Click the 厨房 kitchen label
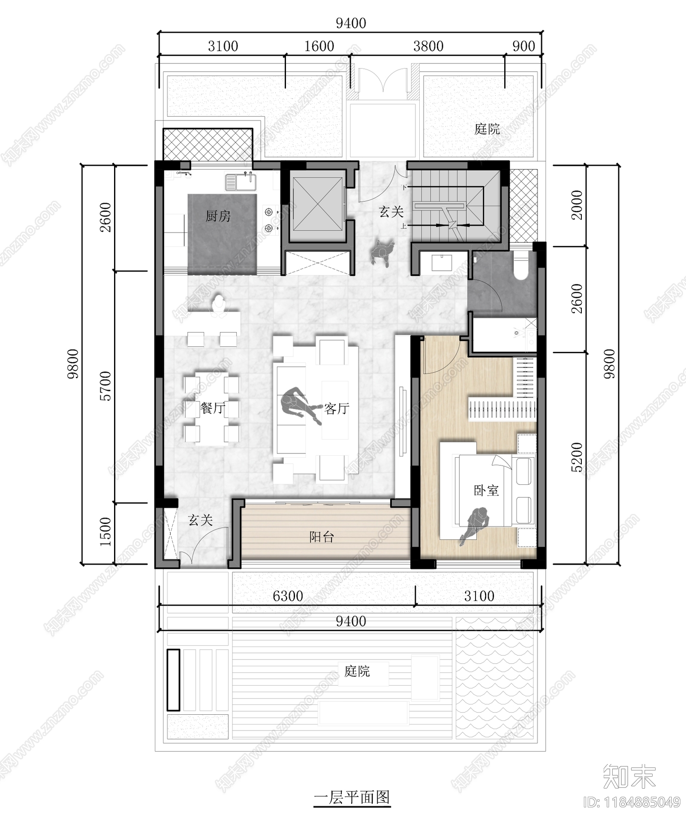(218, 216)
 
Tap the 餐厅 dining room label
(213, 408)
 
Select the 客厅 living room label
(337, 408)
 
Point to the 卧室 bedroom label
(486, 490)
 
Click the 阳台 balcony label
(322, 536)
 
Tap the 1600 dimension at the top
(319, 46)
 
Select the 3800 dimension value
(428, 46)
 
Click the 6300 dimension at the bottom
(288, 596)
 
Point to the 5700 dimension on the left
(105, 386)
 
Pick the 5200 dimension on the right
(577, 457)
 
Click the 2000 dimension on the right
(577, 205)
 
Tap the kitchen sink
(241, 181)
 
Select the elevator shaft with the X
(318, 205)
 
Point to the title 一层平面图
(352, 797)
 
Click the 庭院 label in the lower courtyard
(357, 671)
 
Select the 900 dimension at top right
(524, 46)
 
